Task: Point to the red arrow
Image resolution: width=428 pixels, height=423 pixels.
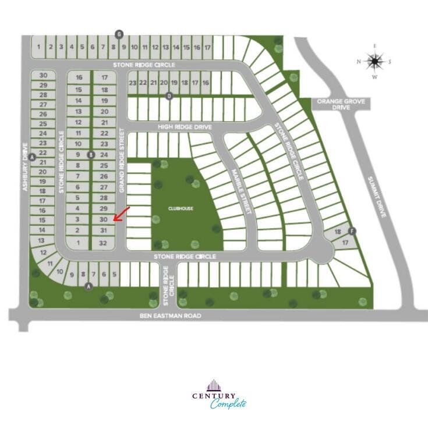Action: pos(121,214)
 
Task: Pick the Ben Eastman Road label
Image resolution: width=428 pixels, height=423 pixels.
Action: pos(171,316)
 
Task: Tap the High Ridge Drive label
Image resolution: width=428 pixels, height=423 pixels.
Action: pos(183,126)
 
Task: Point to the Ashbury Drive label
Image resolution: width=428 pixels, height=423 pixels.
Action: pos(25,169)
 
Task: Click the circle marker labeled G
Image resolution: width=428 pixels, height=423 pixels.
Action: pos(119,33)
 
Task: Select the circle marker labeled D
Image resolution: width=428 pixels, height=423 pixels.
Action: pos(169,96)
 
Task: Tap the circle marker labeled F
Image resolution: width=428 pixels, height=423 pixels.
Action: pos(352,230)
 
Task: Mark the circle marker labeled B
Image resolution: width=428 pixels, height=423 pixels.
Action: pos(90,154)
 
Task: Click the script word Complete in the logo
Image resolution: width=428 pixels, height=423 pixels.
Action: pos(228,404)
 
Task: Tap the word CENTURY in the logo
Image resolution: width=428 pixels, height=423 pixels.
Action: pos(214,396)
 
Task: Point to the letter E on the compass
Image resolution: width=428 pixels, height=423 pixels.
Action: pos(376,46)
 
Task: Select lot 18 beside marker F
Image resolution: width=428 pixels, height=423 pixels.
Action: pos(338,232)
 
